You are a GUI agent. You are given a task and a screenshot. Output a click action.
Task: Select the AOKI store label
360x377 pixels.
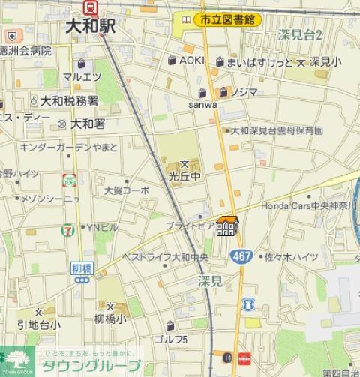coord(191,61)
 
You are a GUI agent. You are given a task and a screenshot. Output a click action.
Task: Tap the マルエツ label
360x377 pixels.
coord(82,76)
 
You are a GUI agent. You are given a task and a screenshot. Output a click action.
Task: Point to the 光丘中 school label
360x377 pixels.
coord(184,176)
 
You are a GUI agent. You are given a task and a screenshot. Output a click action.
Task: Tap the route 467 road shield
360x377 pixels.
coord(241,256)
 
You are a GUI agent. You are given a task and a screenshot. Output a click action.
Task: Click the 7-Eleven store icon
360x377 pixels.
coord(67,226)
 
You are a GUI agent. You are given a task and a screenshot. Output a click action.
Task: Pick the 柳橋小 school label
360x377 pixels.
coord(111,318)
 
